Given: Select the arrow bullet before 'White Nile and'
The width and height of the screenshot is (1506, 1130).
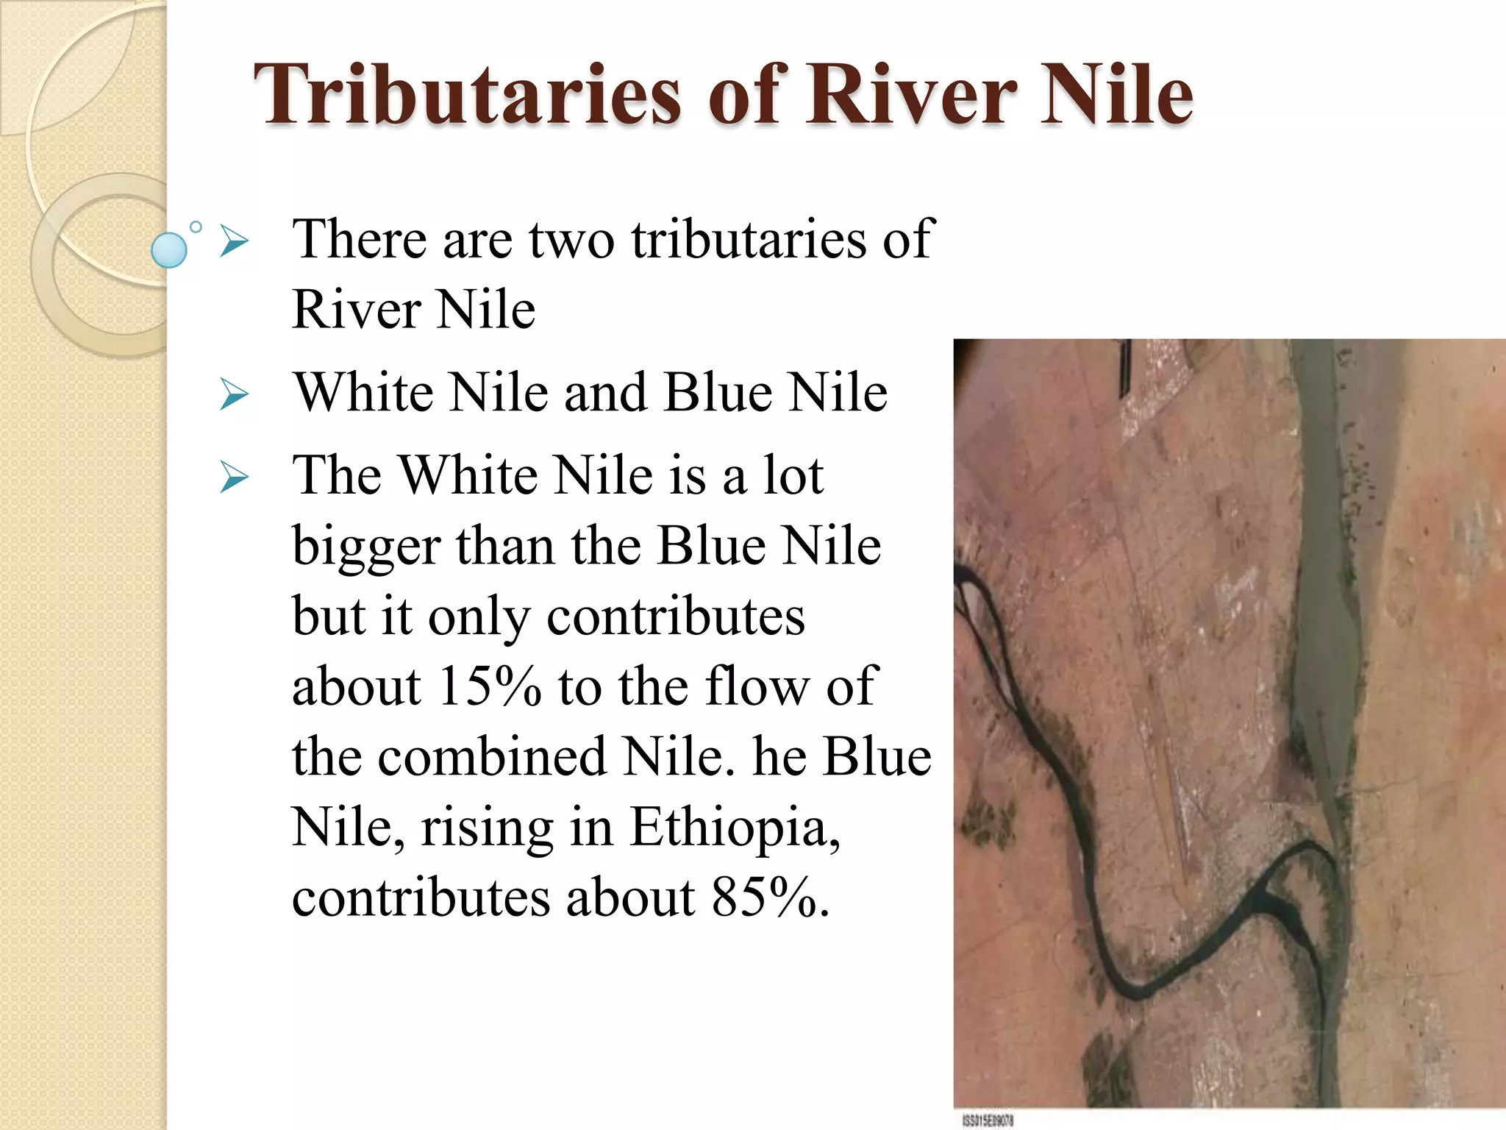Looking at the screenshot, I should coord(235,397).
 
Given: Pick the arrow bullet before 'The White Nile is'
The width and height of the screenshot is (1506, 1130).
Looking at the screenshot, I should coord(235,480).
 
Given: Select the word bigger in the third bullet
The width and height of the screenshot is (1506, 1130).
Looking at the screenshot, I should coord(365,547).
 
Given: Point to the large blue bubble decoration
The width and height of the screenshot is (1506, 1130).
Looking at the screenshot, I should coord(169,249).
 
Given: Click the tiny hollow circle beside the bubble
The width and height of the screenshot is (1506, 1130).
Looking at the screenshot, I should coord(196,227).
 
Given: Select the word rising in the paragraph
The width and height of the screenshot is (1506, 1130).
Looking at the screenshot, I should coord(486,827).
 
